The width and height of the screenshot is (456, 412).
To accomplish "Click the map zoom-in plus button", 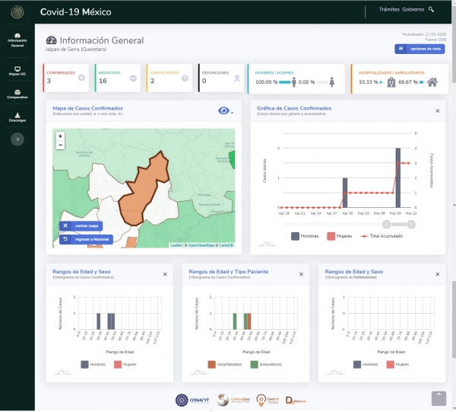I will [60, 136].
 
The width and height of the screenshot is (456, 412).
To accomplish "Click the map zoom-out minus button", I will [60, 144].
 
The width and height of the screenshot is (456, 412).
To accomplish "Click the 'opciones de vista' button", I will [419, 49].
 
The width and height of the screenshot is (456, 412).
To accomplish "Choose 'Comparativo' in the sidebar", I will [17, 95].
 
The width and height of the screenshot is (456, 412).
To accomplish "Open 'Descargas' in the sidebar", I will [17, 118].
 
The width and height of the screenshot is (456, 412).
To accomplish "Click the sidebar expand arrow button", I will [18, 139].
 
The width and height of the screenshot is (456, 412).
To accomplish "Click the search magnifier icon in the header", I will [432, 10].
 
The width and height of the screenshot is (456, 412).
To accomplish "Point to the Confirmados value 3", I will [49, 81].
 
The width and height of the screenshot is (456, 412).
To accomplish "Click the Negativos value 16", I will [103, 81].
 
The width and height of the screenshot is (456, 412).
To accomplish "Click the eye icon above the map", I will [223, 111].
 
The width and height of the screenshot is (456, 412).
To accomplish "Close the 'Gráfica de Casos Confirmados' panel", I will [438, 110].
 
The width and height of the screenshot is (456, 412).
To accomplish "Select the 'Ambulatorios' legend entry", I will [278, 365].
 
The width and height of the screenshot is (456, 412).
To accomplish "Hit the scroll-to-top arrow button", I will [439, 398].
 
